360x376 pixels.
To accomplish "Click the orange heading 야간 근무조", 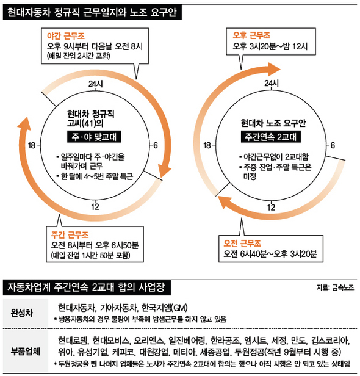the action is pos(66,36).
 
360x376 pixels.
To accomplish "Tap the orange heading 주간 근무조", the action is pos(70,234).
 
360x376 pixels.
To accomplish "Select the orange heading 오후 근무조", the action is pos(251,35).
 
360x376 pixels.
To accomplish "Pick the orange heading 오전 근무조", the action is pos(242,244).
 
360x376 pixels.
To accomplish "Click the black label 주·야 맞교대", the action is pos(94,137).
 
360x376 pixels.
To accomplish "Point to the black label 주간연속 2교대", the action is pos(270,137).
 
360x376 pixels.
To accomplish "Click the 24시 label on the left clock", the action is pos(96,84).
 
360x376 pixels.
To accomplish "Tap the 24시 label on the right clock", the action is pos(272,84).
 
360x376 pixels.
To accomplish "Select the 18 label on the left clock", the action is pos(32,145).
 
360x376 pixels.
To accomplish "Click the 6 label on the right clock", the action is pos(333,145).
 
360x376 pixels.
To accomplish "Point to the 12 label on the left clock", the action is pos(95,207).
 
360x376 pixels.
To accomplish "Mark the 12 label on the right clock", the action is pos(271,207).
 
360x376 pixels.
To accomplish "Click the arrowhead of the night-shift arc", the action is pos(164,171).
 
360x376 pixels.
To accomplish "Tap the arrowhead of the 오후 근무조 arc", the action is pos(274,70).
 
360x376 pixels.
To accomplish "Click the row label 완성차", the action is pos(21,313).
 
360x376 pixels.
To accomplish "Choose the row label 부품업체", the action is pos(26,352).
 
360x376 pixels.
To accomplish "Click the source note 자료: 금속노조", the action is pos(335,287).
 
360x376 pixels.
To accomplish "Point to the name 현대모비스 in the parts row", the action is pos(111,340).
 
